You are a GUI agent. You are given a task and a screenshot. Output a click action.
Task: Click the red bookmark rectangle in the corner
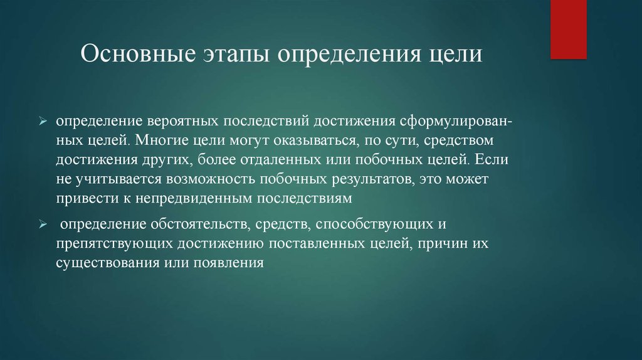tap(569, 29)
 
